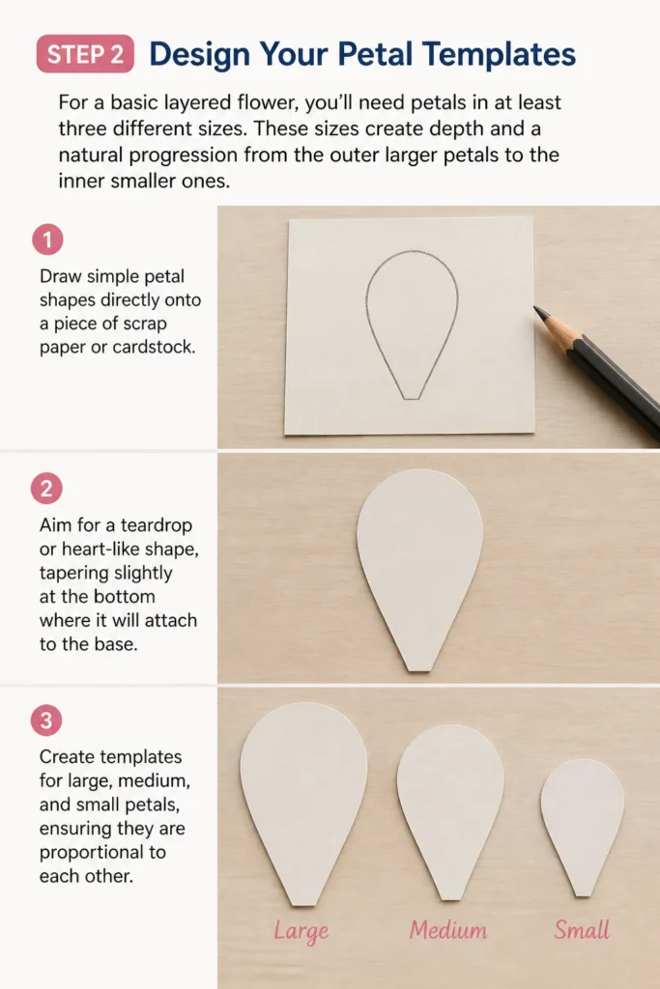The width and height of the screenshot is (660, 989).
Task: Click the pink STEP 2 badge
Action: [x=85, y=54]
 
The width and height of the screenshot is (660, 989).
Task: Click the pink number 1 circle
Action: [x=47, y=240]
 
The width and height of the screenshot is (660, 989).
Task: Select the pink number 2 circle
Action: [x=46, y=488]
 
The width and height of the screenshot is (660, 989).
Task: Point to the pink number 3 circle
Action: [x=46, y=721]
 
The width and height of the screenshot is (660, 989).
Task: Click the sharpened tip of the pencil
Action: [x=536, y=309]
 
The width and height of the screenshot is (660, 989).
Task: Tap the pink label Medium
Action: [x=448, y=930]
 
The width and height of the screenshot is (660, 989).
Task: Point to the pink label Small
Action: [x=582, y=930]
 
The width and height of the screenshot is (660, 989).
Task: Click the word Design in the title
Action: [x=199, y=55]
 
